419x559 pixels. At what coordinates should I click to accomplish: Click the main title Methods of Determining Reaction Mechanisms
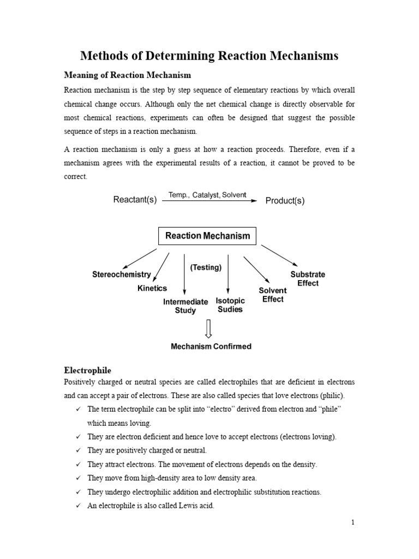[x=209, y=56]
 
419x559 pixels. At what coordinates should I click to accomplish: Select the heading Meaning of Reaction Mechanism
[x=128, y=74]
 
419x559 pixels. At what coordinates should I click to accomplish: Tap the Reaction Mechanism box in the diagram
[x=207, y=236]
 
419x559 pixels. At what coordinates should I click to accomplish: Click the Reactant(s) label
[x=135, y=200]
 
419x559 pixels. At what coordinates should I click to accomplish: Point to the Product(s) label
[x=285, y=200]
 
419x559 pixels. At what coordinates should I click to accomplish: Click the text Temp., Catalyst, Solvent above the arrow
[x=207, y=194]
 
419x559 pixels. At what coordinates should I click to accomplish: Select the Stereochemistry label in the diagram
[x=121, y=275]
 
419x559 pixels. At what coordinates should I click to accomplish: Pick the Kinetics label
[x=152, y=288]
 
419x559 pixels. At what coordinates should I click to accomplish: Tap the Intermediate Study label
[x=185, y=306]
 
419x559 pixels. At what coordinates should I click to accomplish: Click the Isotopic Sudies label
[x=230, y=305]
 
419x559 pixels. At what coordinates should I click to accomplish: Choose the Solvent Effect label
[x=273, y=295]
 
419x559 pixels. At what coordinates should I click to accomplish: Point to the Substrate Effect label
[x=308, y=278]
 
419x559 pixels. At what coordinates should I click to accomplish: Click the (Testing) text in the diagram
[x=206, y=267]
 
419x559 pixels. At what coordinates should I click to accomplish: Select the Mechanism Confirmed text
[x=211, y=346]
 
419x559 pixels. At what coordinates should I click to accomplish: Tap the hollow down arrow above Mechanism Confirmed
[x=208, y=328]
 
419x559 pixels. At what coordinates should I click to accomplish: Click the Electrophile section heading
[x=88, y=370]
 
